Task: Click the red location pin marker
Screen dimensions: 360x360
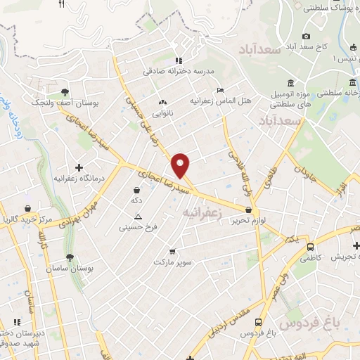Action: pyautogui.click(x=181, y=165)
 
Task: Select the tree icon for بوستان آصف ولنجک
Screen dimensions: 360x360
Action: pyautogui.click(x=65, y=91)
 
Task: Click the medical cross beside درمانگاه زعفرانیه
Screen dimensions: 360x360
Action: pyautogui.click(x=79, y=167)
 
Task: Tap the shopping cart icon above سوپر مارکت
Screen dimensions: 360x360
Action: pyautogui.click(x=172, y=251)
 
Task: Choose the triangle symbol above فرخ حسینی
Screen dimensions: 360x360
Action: pyautogui.click(x=138, y=216)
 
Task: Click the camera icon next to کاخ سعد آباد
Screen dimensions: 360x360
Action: pyautogui.click(x=305, y=37)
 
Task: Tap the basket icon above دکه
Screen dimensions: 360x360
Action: pyautogui.click(x=136, y=189)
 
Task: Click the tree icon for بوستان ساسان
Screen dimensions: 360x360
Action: pyautogui.click(x=69, y=257)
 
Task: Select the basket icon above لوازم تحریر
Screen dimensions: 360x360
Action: pyautogui.click(x=249, y=210)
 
